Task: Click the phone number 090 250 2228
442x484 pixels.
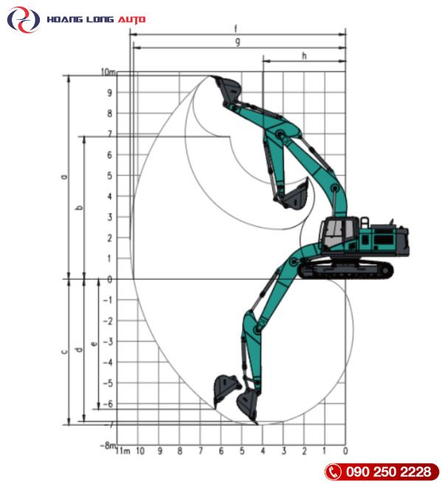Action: pos(388,471)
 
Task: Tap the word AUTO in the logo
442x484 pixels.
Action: pos(131,20)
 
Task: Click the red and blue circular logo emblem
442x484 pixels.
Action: pos(24,20)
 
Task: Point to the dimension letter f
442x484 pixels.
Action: pos(236,29)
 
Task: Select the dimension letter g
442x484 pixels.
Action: pos(238,42)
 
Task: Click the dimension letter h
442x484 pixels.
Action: pos(305,56)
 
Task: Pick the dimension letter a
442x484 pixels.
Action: pos(64,177)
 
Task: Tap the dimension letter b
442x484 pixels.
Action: pos(80,208)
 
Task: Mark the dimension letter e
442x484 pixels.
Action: pos(94,343)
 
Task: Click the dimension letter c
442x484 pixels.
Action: pos(64,351)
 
